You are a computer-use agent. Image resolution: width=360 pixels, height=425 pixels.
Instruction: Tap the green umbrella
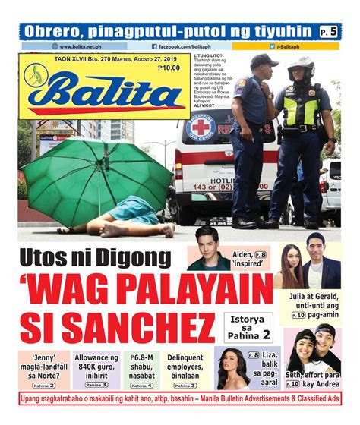tap(99, 178)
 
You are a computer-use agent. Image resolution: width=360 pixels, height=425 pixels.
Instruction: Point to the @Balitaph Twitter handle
tap(292, 46)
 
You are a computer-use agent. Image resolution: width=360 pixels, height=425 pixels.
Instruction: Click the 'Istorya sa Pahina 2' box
tap(248, 328)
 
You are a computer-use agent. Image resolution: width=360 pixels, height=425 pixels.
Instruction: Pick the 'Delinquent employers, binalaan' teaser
tap(190, 367)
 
